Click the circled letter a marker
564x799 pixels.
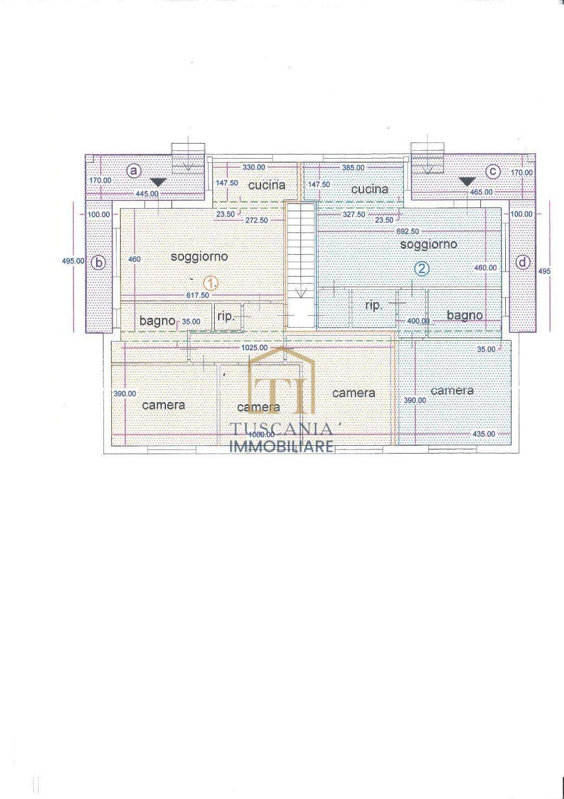coord(133,171)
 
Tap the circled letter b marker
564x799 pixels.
coord(99,263)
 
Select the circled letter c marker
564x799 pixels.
coord(493,171)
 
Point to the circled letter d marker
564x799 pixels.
coord(522,263)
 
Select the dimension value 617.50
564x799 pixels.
coord(198,295)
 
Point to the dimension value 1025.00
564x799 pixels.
coord(254,347)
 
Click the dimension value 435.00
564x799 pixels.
coord(484,434)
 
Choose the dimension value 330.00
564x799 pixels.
coord(254,167)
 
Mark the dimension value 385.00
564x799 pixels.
coord(353,167)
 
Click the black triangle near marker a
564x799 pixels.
coord(158,182)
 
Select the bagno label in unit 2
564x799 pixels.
coord(465,315)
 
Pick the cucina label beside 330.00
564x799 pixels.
coord(267,185)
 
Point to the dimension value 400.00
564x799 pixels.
coord(418,320)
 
